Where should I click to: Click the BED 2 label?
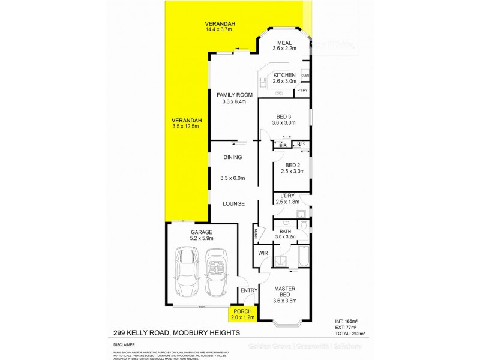click(x=292, y=165)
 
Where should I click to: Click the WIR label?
click(x=262, y=254)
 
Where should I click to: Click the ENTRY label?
click(x=249, y=291)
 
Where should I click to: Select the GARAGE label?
click(x=202, y=232)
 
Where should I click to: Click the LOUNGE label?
click(x=233, y=204)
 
